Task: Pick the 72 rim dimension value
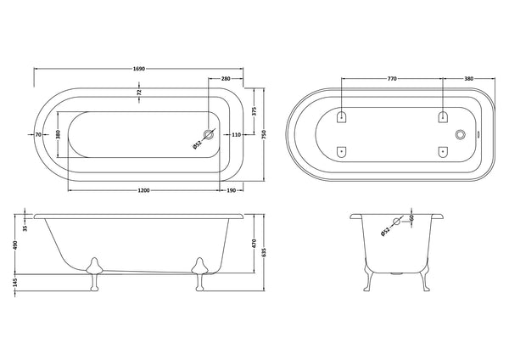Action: [x=140, y=91]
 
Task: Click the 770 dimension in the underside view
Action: [x=392, y=78]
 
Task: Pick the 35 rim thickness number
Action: [x=26, y=228]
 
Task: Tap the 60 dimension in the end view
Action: [x=411, y=219]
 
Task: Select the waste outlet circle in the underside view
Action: [x=461, y=134]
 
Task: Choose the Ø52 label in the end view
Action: [x=387, y=230]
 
